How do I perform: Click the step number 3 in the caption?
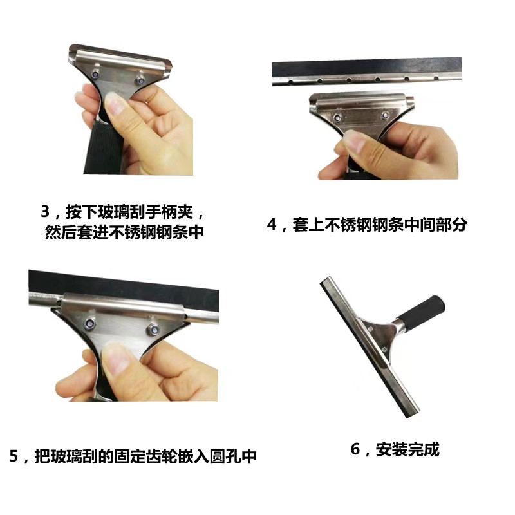tap(45, 212)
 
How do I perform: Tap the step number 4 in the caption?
tap(271, 225)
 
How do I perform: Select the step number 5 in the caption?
tap(14, 456)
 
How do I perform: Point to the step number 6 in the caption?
tap(355, 449)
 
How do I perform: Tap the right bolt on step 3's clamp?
tap(140, 80)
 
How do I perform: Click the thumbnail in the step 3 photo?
tap(115, 104)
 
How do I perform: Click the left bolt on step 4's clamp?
tap(337, 118)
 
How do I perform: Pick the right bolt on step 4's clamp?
tap(385, 116)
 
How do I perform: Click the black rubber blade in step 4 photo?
tap(366, 68)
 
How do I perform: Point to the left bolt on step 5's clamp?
tap(89, 324)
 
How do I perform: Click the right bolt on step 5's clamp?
tap(153, 329)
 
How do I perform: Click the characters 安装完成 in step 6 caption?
tap(407, 449)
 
